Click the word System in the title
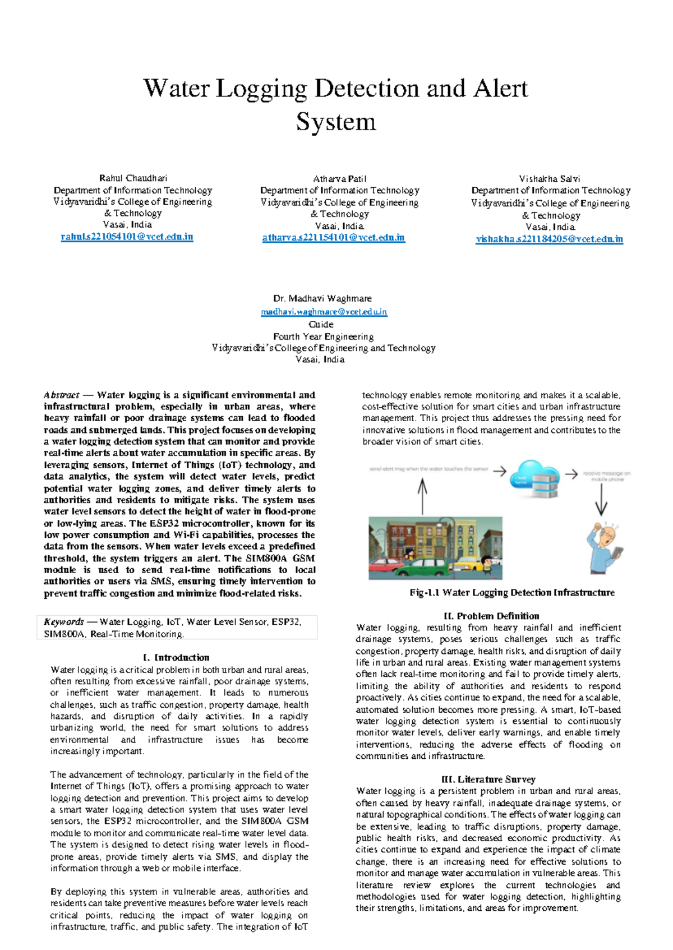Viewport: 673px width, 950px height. (x=336, y=122)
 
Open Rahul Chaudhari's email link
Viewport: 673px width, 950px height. (x=127, y=237)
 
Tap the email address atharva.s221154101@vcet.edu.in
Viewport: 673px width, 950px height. (x=333, y=238)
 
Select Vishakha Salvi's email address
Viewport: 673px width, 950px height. (x=549, y=239)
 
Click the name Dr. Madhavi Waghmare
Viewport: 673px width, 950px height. (x=322, y=298)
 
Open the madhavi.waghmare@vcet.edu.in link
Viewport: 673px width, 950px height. (x=324, y=312)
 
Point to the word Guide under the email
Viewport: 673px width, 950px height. (x=321, y=324)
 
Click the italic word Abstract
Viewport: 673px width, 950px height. (x=61, y=395)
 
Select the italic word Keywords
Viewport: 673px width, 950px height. (x=63, y=621)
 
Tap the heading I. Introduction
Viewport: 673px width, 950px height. (x=176, y=657)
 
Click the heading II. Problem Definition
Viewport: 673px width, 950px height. (x=491, y=616)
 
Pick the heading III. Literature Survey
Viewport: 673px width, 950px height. (x=488, y=779)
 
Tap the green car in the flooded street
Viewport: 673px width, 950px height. (x=412, y=567)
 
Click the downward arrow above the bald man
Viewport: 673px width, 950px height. (x=601, y=500)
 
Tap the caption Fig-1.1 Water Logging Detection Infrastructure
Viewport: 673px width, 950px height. (x=511, y=592)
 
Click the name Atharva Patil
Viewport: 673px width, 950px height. (x=339, y=179)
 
